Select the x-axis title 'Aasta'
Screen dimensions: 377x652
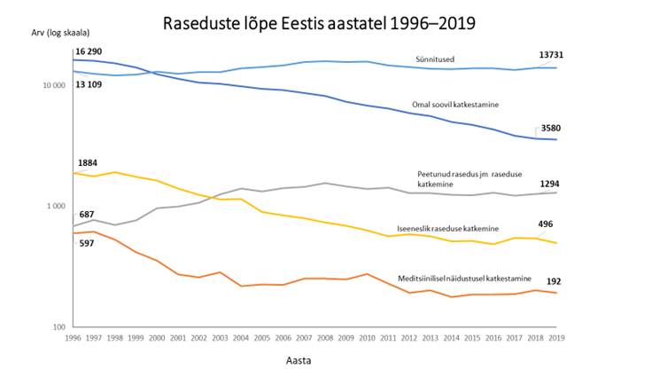point(298,361)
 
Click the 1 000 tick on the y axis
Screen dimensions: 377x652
point(56,206)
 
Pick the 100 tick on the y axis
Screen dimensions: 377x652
point(60,327)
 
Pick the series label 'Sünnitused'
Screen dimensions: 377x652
point(437,60)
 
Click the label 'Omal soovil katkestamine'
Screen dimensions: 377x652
point(455,105)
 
